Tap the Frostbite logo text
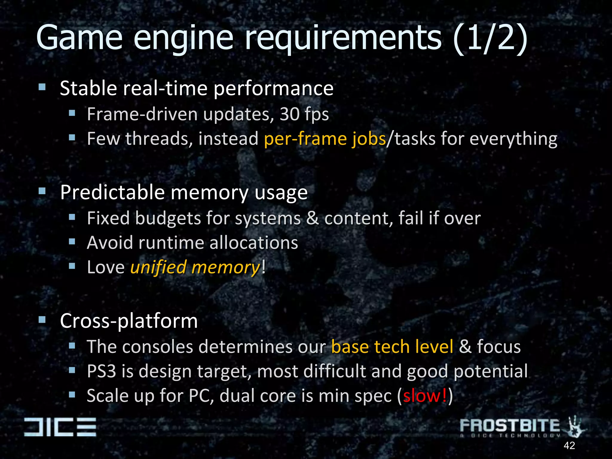pos(510,426)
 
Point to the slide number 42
pos(569,446)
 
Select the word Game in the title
pos(79,38)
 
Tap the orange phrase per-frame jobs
pos(325,139)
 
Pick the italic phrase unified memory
pos(195,267)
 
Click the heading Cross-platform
pos(129,321)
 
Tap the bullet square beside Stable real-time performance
pos(42,87)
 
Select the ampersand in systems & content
pos(312,218)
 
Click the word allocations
pos(254,243)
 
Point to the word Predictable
pos(112,192)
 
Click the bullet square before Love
pos(72,266)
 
